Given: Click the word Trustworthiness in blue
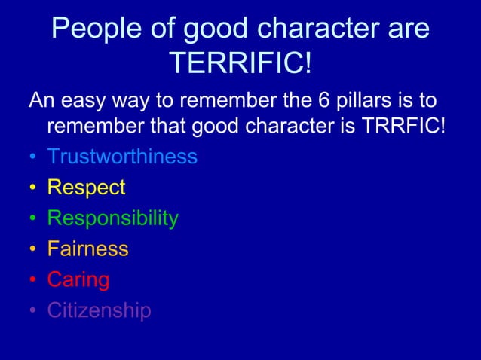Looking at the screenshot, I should click(x=122, y=157).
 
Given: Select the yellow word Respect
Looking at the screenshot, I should click(x=86, y=188).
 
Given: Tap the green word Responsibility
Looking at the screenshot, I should click(x=112, y=218).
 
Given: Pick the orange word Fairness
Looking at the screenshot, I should click(x=87, y=249).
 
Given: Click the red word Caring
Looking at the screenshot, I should click(x=78, y=280).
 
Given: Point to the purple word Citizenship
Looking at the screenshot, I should click(x=99, y=310).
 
